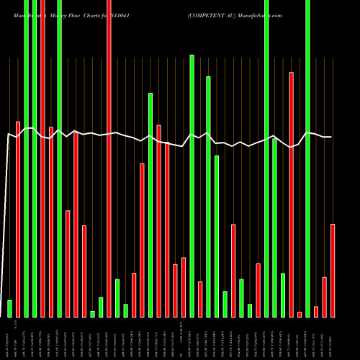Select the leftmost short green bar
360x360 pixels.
click(9, 308)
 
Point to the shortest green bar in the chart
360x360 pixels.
click(92, 313)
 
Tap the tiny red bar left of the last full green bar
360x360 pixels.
click(300, 314)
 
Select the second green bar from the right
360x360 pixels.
click(283, 295)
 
